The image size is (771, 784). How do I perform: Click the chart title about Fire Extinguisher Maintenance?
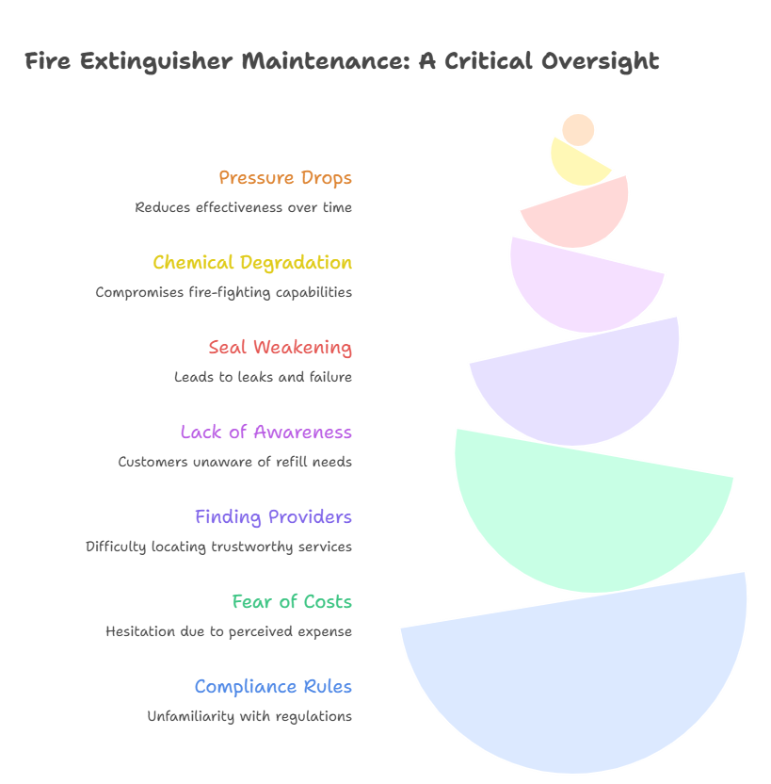(342, 62)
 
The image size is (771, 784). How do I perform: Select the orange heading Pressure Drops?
(285, 177)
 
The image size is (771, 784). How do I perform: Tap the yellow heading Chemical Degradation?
(252, 262)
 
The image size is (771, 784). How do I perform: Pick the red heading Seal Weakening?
(281, 347)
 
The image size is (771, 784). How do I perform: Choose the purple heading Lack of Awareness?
(265, 432)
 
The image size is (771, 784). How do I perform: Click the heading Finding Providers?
(273, 516)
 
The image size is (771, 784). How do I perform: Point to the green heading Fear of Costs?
(292, 601)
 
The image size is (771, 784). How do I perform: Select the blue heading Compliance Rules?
(273, 686)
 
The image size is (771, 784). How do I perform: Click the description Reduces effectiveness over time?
(244, 207)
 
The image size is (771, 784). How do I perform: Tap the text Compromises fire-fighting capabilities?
(224, 292)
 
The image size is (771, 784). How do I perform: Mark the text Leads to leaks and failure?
(263, 377)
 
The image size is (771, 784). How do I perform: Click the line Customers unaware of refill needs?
(234, 462)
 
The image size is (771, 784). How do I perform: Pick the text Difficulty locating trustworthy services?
(219, 547)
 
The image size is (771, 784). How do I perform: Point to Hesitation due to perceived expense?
(229, 631)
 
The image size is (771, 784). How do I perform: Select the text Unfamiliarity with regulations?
(249, 716)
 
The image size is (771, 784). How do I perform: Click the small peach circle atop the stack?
(578, 130)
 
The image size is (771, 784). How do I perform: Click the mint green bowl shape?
(584, 518)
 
